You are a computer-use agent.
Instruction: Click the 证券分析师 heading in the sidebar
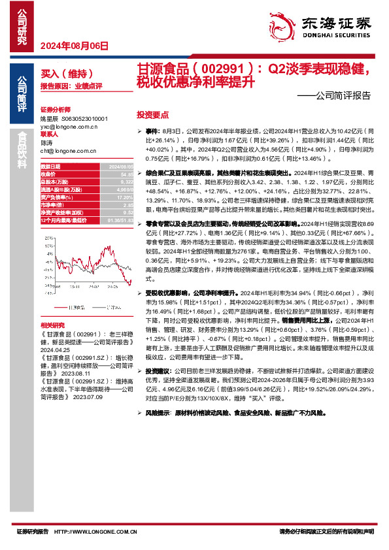(x=54, y=109)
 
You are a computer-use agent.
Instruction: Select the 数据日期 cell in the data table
(x=50, y=167)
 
